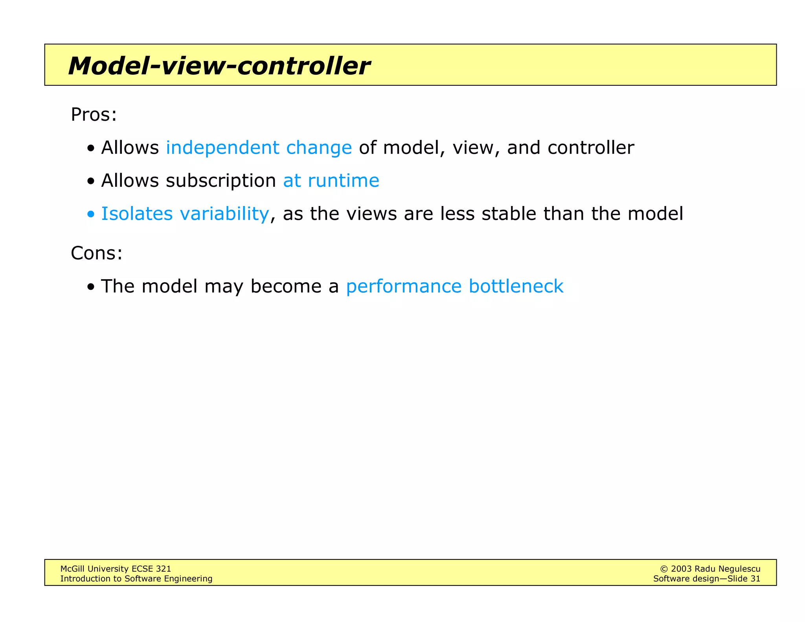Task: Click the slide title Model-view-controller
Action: (x=219, y=66)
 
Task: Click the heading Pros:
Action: (x=94, y=115)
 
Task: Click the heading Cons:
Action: (x=96, y=253)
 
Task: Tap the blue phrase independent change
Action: (x=259, y=148)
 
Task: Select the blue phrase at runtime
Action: (x=331, y=181)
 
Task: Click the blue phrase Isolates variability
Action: (x=185, y=214)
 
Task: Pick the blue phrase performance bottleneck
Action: (x=454, y=286)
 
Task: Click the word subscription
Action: (x=221, y=181)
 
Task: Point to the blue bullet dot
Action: (x=91, y=215)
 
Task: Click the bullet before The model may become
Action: (x=91, y=287)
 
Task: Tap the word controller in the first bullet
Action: (x=590, y=148)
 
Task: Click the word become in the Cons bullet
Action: (x=286, y=286)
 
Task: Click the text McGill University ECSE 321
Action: (x=116, y=569)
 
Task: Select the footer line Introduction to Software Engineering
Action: (x=136, y=579)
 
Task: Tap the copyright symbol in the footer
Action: (x=664, y=569)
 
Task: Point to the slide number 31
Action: (x=755, y=579)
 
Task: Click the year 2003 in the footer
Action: (x=681, y=569)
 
